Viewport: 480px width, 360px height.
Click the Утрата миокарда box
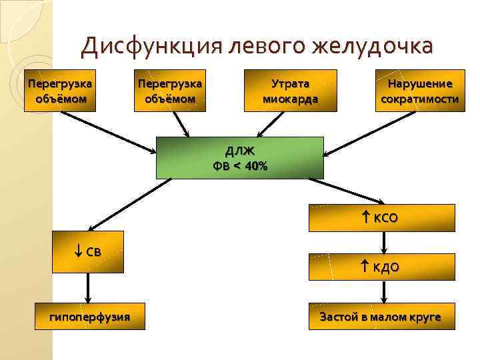click(290, 91)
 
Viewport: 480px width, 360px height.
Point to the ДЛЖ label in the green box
click(239, 151)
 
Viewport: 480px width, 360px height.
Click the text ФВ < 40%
click(239, 166)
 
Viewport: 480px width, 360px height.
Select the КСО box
click(381, 217)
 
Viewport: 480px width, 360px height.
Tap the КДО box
click(381, 267)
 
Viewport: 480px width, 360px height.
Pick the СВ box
click(88, 252)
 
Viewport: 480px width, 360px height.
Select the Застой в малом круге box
click(381, 317)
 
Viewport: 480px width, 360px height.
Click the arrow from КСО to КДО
click(381, 243)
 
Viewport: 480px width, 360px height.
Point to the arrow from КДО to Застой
click(381, 291)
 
